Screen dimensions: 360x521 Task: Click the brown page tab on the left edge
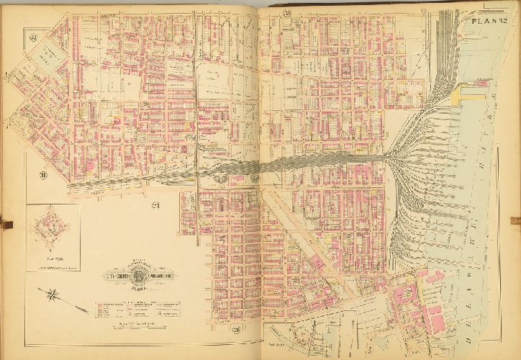[x=6, y=222]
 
